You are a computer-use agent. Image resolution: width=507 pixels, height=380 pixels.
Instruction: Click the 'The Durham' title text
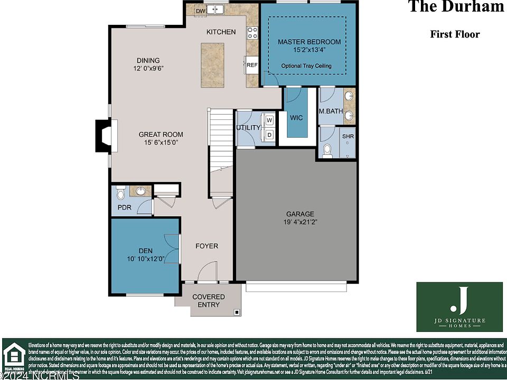click(456, 7)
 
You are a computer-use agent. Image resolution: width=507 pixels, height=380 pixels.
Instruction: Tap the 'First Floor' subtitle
click(455, 34)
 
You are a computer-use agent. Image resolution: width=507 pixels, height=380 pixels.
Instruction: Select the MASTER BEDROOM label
click(309, 42)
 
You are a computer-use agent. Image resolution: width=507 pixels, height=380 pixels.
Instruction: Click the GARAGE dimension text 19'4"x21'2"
click(300, 222)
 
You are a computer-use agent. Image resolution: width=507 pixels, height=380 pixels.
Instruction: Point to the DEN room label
click(145, 251)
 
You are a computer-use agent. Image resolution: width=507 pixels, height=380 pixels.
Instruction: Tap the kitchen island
click(212, 65)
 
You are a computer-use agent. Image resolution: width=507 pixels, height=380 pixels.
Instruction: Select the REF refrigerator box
click(252, 65)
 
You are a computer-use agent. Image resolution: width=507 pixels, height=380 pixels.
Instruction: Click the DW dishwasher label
click(200, 11)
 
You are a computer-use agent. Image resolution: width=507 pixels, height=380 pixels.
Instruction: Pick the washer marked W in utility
click(269, 120)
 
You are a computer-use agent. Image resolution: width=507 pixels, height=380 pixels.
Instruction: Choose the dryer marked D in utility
click(269, 135)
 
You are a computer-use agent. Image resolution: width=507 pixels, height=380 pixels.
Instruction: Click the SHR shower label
click(348, 136)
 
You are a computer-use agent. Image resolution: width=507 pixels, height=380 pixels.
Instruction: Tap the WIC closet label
click(296, 118)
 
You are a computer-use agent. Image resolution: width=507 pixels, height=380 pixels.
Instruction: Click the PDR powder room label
click(124, 207)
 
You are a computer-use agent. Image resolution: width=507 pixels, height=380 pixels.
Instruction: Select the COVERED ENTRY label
click(208, 301)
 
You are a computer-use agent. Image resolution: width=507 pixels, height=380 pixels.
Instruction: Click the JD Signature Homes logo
click(459, 307)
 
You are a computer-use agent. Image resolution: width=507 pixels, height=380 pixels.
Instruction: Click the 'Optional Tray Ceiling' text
click(306, 66)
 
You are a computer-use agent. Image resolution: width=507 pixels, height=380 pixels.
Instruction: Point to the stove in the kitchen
click(252, 33)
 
